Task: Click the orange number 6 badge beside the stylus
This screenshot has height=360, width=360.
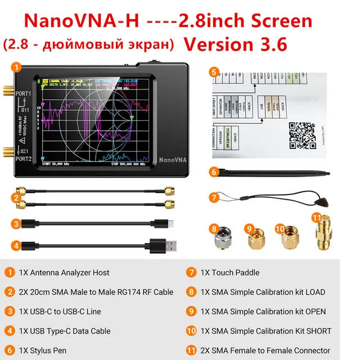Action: point(214,172)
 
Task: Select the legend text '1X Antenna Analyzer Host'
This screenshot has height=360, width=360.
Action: point(64,273)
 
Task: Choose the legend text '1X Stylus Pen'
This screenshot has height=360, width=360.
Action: point(43,350)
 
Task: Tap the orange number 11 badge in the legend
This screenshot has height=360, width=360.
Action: point(191,350)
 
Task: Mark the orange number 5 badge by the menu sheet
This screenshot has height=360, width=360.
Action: point(214,72)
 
